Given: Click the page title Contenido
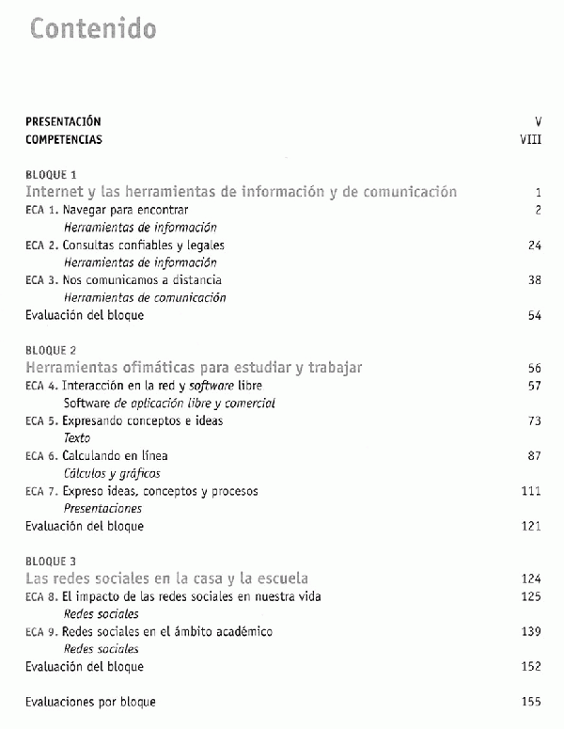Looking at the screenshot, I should tap(93, 28).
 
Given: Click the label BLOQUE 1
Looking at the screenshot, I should tap(52, 174).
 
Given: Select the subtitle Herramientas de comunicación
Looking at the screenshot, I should tap(145, 298).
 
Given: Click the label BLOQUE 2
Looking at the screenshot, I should tap(52, 350).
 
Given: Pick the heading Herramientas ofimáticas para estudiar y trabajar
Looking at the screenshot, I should tap(194, 367).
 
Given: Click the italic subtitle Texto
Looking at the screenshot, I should tap(77, 438).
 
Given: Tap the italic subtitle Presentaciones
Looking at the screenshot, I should tap(102, 508).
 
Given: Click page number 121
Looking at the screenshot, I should tap(531, 526).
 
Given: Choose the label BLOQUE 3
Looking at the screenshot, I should tap(52, 561).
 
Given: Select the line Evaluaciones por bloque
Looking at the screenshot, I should tap(90, 702).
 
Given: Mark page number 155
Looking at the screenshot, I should tap(531, 702).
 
